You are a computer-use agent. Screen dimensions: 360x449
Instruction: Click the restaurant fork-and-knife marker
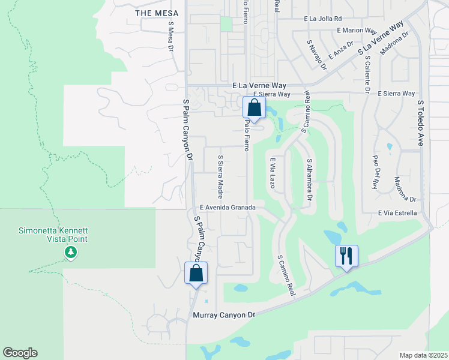tap(346, 256)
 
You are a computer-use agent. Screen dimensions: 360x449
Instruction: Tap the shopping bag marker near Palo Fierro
tap(254, 108)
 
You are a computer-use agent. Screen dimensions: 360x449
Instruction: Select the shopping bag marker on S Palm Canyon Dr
tap(196, 273)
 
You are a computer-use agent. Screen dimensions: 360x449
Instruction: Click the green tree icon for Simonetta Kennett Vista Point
tap(71, 253)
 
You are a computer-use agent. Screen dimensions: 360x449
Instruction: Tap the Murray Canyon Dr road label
tap(224, 314)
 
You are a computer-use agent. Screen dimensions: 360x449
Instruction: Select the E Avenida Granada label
tap(228, 208)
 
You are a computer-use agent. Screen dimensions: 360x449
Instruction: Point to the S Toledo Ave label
tap(421, 124)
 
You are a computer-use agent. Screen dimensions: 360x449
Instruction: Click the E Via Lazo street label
tap(272, 173)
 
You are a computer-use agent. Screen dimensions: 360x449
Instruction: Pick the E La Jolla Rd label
tap(322, 19)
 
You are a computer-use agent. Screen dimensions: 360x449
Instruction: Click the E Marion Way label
tap(357, 30)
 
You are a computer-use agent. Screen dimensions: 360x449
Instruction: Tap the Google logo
tap(20, 353)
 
